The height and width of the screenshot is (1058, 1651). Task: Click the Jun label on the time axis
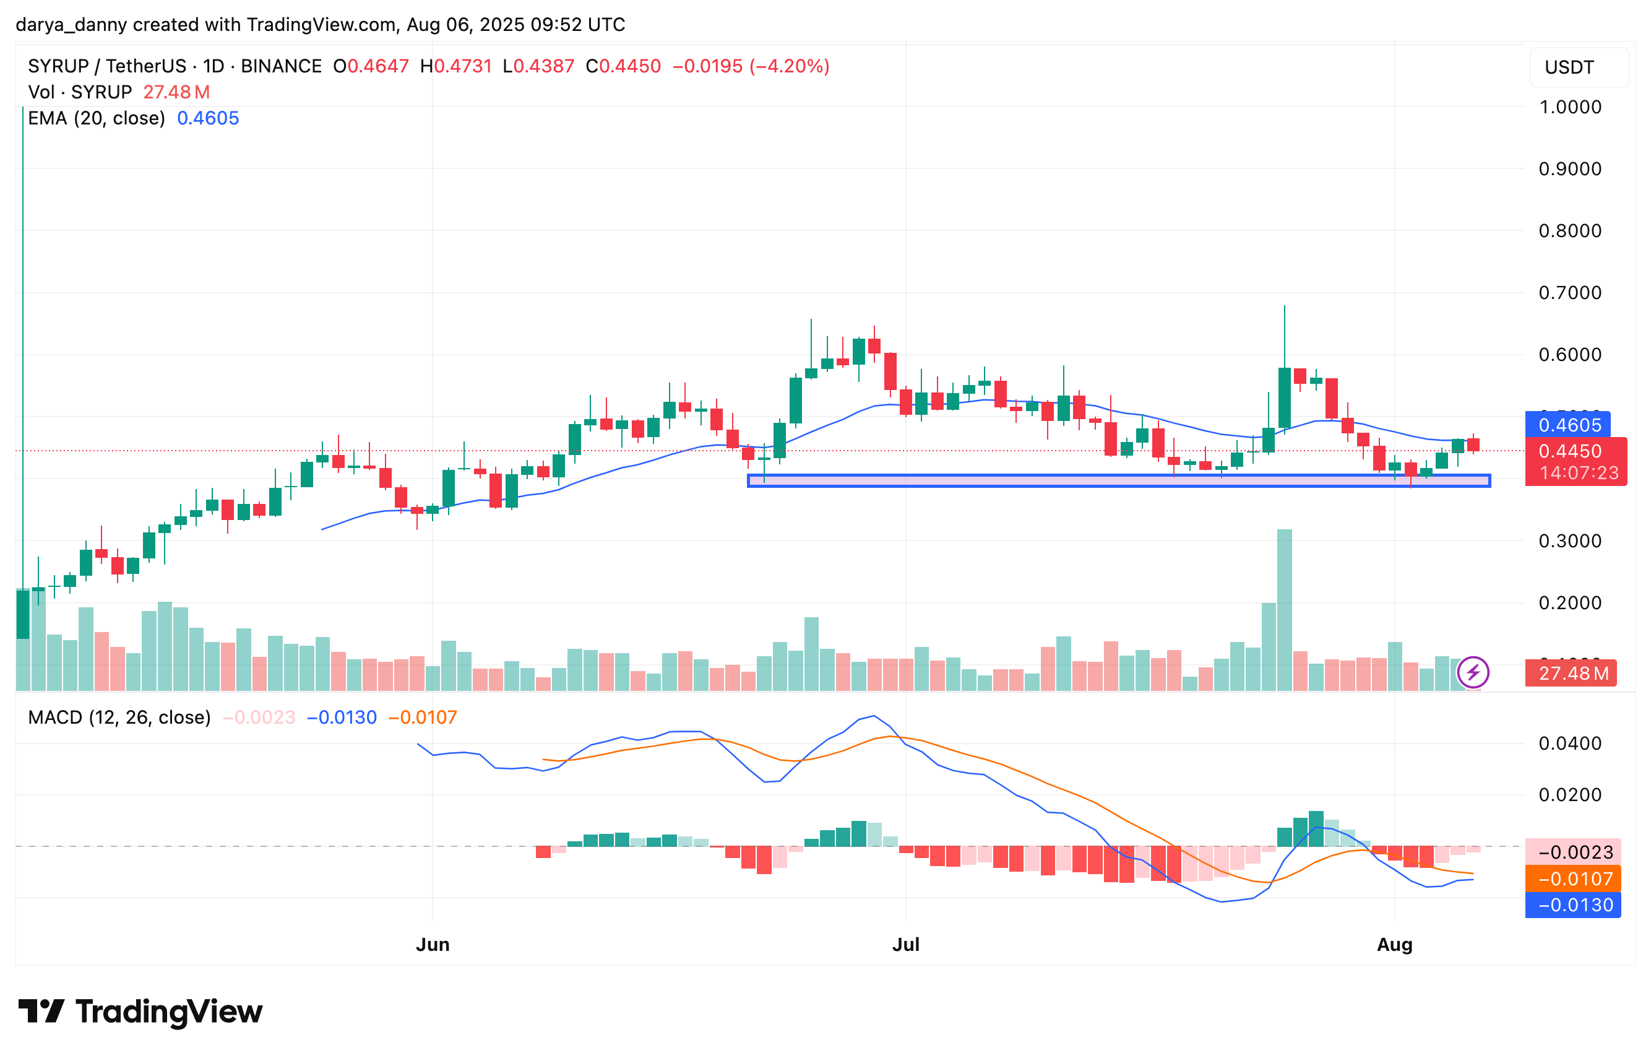[x=432, y=945]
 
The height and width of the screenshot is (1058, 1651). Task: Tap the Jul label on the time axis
[x=905, y=945]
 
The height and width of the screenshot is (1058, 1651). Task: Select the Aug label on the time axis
[x=1394, y=945]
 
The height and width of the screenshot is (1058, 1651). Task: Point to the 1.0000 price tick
[x=1570, y=107]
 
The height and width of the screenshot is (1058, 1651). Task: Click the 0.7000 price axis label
[x=1570, y=293]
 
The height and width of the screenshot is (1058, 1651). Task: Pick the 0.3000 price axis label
[x=1570, y=540]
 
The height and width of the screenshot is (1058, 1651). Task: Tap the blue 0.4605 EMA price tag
[x=1569, y=425]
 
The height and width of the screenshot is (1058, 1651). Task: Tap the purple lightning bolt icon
[x=1473, y=672]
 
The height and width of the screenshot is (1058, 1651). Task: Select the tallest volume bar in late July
[x=1283, y=609]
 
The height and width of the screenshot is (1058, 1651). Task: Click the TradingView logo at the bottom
[x=141, y=1012]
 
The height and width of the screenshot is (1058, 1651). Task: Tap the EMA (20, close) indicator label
[x=96, y=118]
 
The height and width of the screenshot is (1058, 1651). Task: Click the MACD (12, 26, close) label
[x=119, y=718]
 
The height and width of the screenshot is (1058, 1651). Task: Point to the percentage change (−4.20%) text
[x=789, y=66]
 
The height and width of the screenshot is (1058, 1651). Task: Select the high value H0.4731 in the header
[x=456, y=66]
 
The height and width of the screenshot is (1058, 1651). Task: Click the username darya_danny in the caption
[x=71, y=25]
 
